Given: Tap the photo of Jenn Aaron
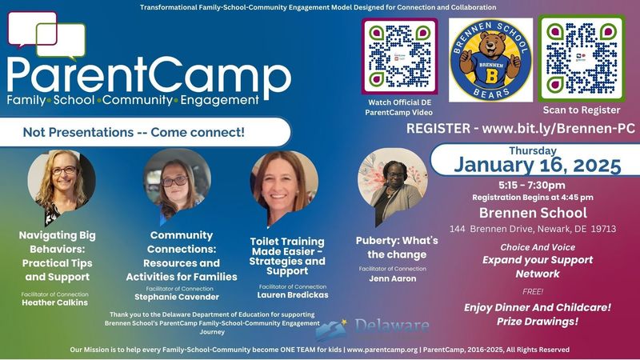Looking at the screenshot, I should point(393,187).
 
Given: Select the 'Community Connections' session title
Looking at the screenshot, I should point(182,256).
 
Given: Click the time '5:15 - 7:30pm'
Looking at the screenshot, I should point(532,185).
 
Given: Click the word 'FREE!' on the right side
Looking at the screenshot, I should point(531,292).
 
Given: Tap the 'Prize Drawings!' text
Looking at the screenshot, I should point(531,322).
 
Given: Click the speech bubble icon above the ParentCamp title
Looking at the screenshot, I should point(46,34).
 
